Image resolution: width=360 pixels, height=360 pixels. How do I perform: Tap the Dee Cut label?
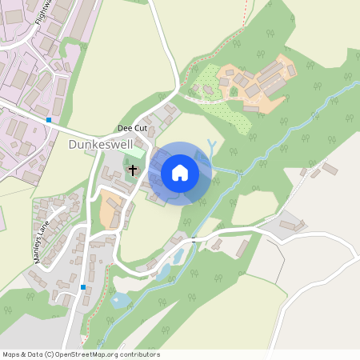tap(131, 128)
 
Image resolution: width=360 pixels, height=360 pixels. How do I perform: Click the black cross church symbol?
tap(132, 170)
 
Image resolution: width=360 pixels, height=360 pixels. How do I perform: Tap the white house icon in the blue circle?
tap(180, 172)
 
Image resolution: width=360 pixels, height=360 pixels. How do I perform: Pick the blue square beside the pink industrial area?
tap(49, 120)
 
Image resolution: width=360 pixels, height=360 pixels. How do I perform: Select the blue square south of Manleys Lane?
tap(83, 286)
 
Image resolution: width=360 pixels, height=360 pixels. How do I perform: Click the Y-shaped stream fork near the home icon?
tap(210, 146)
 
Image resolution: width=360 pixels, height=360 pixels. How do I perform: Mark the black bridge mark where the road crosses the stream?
tap(194, 238)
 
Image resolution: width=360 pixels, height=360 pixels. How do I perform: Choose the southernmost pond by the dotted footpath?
tap(121, 301)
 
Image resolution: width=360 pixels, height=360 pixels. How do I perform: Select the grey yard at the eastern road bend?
tap(284, 226)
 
